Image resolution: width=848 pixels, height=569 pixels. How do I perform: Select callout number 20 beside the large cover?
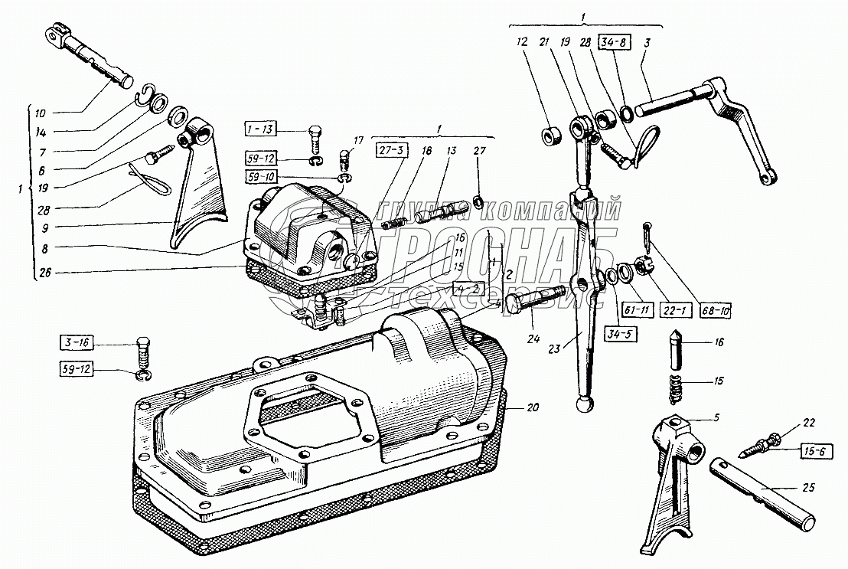[532, 407]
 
